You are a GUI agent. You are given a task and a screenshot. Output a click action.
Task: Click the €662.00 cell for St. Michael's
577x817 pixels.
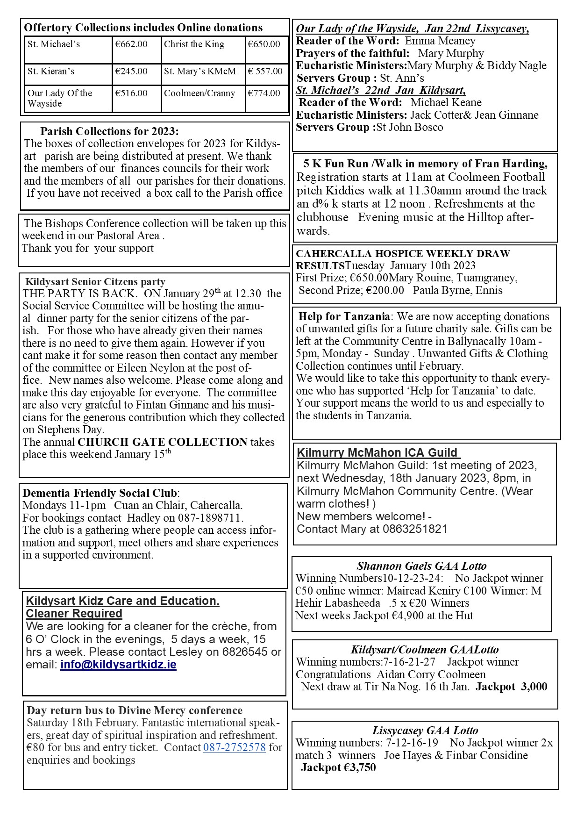point(131,44)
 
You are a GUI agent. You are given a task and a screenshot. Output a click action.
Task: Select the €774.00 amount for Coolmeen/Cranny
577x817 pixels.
point(264,93)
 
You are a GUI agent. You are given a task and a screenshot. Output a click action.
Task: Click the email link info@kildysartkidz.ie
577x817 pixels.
point(118,665)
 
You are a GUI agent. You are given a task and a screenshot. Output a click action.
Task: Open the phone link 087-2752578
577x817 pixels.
point(234,747)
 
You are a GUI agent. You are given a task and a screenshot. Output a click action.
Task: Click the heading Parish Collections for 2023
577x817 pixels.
point(109,131)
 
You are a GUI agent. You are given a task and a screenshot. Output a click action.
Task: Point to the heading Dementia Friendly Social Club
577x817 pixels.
point(100,493)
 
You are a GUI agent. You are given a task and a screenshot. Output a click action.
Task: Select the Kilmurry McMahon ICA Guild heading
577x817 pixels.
point(378,452)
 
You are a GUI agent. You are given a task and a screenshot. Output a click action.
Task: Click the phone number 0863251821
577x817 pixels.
point(415,529)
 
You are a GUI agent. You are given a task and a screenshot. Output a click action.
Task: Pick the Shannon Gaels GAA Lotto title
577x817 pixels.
point(421,566)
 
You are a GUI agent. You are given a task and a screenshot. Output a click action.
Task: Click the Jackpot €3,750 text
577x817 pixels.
point(338,767)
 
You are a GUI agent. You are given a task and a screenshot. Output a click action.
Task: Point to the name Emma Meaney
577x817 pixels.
point(440,41)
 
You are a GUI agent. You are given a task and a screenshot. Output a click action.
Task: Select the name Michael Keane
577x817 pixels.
point(446,102)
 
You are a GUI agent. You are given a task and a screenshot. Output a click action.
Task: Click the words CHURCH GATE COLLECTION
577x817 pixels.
point(163,442)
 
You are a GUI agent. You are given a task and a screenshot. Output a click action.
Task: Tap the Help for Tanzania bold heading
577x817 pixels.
point(344,316)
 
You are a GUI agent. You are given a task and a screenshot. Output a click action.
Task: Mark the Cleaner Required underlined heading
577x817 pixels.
point(74,614)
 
